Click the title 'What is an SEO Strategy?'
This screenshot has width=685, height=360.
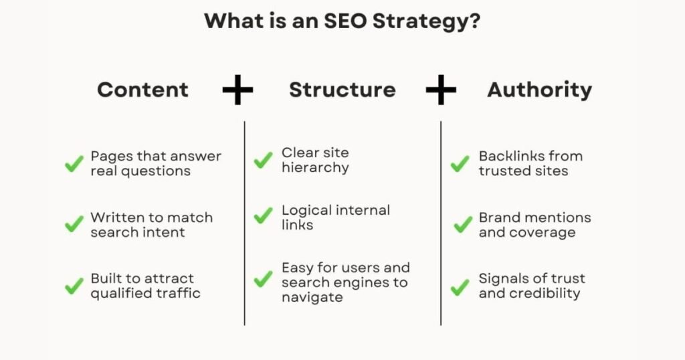[x=342, y=21]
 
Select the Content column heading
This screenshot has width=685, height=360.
[x=142, y=90]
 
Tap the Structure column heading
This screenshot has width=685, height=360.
[x=342, y=90]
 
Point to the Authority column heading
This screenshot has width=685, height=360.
[x=539, y=90]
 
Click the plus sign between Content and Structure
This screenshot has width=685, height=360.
[x=237, y=90]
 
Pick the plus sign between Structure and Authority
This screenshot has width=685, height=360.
[x=441, y=90]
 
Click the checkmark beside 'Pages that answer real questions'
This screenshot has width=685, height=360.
[x=74, y=164]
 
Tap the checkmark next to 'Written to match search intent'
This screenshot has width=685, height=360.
[x=74, y=225]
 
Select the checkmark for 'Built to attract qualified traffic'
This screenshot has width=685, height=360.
[x=74, y=286]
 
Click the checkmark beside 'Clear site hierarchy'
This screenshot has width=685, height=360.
[x=263, y=161]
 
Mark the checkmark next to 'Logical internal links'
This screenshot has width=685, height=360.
[x=263, y=216]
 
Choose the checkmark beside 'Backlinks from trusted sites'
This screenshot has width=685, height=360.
[x=460, y=164]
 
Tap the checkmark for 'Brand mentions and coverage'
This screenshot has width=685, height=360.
[x=462, y=225]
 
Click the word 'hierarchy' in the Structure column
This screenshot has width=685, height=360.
[x=315, y=168]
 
